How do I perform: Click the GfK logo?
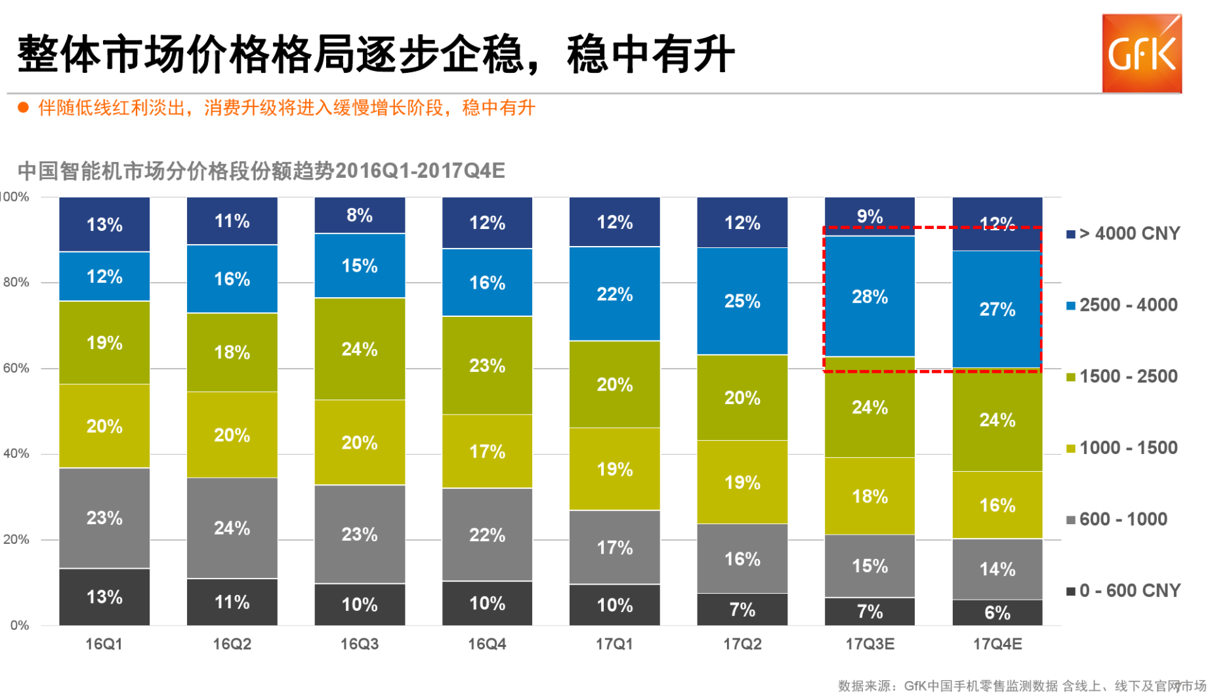[1141, 54]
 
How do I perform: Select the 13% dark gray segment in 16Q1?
[104, 596]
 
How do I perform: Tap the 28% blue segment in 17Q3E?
[869, 297]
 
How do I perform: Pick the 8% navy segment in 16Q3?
[360, 215]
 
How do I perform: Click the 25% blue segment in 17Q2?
[742, 301]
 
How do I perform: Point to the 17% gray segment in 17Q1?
[614, 547]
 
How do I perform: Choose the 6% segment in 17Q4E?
[997, 613]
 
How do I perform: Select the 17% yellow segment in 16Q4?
[487, 451]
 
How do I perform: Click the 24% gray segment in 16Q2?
[232, 528]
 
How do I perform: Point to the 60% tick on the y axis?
[16, 368]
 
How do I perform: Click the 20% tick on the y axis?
[16, 539]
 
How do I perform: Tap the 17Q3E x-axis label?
[869, 644]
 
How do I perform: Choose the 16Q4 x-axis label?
[487, 644]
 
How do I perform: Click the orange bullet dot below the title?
[24, 108]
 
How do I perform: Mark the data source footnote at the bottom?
[1021, 686]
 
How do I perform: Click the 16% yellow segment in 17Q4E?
[997, 505]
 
